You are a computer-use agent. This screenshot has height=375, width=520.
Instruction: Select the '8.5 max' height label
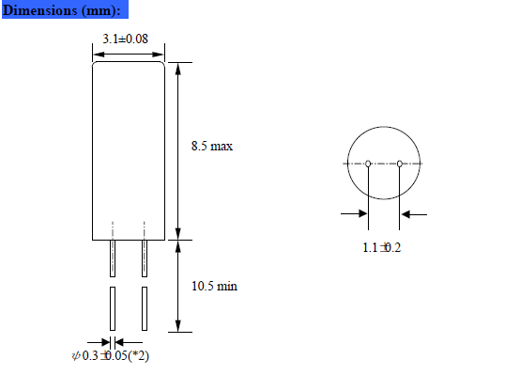pyautogui.click(x=211, y=147)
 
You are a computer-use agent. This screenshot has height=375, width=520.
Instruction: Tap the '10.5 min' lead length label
pyautogui.click(x=214, y=285)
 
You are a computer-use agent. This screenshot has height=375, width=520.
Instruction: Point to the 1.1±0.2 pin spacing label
pyautogui.click(x=382, y=247)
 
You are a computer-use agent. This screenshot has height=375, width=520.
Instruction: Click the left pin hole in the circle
pyautogui.click(x=368, y=164)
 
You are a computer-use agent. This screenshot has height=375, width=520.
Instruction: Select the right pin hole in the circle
pyautogui.click(x=400, y=164)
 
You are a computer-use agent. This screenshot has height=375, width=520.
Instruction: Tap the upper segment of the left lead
pyautogui.click(x=113, y=258)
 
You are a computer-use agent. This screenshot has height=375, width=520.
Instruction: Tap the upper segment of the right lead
pyautogui.click(x=145, y=258)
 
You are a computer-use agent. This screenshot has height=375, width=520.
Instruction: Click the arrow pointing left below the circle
pyautogui.click(x=413, y=214)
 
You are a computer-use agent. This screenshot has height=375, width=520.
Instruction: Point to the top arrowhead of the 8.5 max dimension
pyautogui.click(x=178, y=69)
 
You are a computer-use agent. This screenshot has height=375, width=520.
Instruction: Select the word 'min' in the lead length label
pyautogui.click(x=227, y=285)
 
